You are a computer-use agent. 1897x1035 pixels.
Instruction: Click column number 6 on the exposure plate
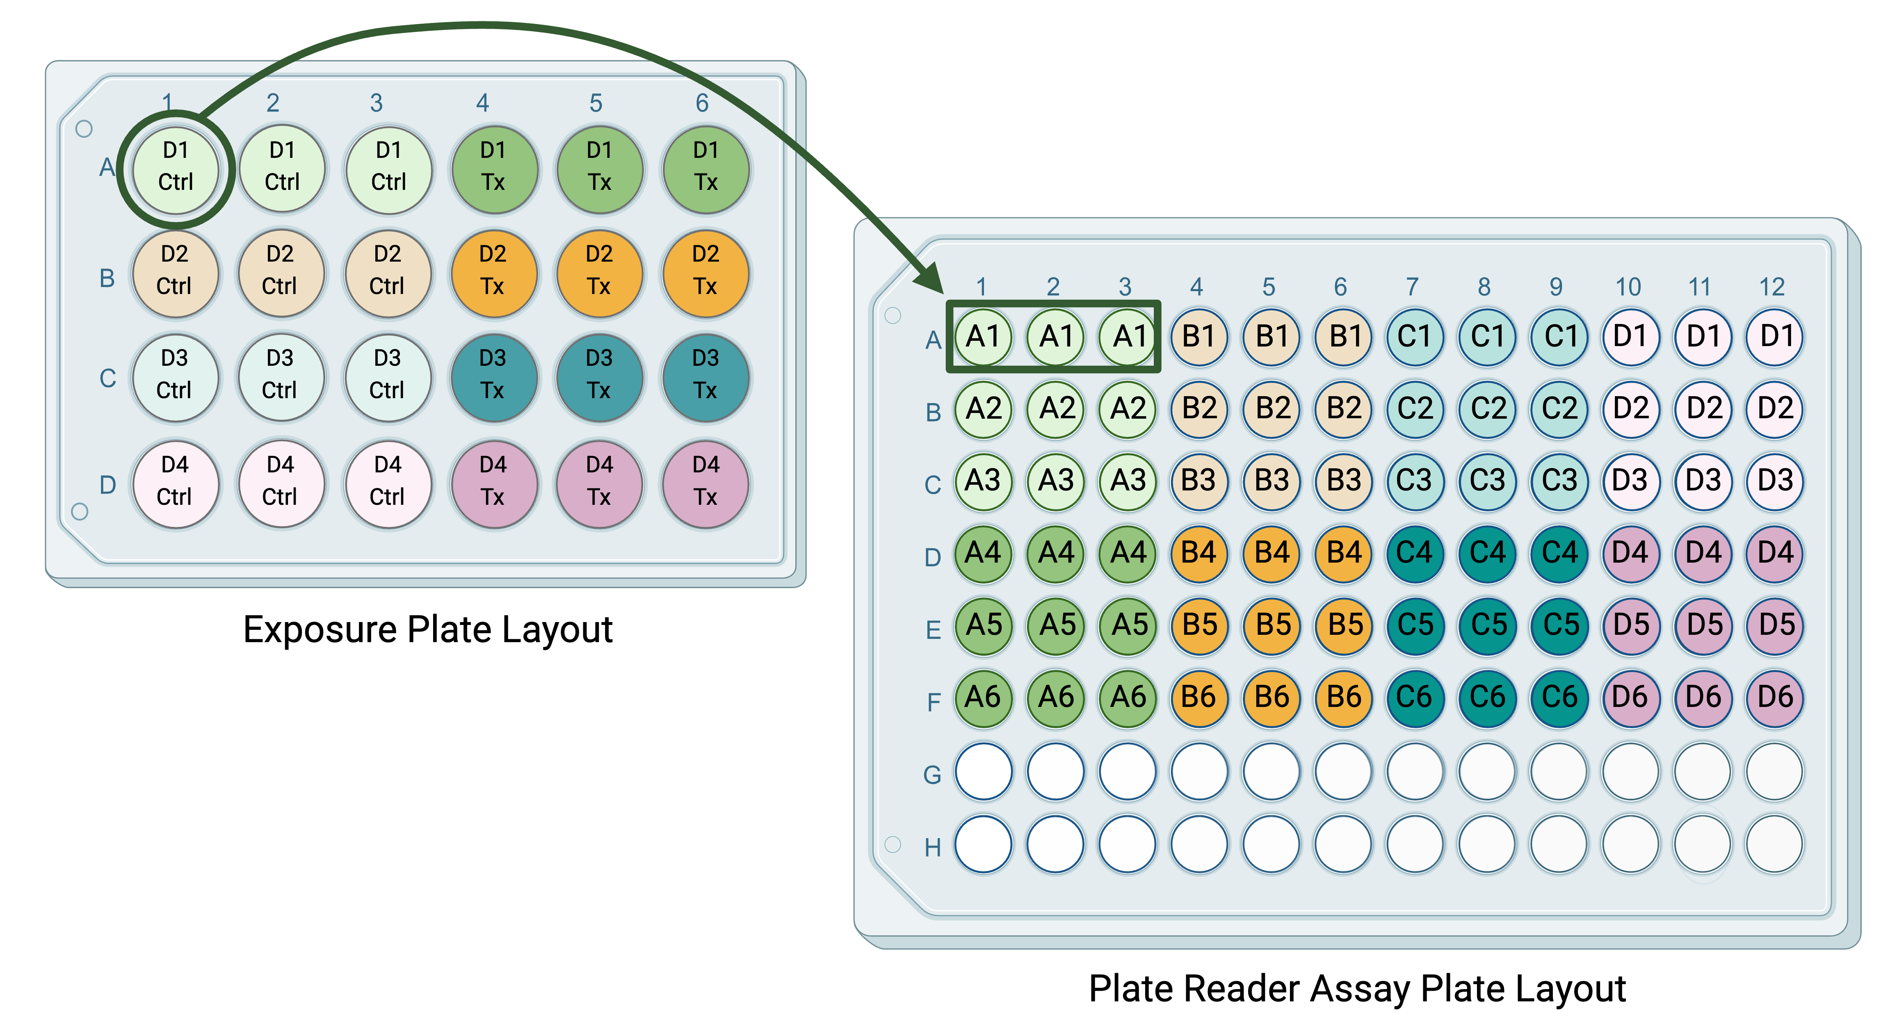click(702, 103)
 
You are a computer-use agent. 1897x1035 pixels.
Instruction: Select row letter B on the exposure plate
click(107, 278)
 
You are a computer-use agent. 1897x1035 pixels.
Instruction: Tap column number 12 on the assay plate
click(1772, 286)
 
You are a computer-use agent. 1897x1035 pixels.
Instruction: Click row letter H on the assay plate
click(933, 847)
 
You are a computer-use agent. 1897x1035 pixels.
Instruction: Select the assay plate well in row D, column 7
click(1415, 553)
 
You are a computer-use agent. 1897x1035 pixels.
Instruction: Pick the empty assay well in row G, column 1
click(983, 771)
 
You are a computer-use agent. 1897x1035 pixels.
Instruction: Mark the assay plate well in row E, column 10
click(1630, 625)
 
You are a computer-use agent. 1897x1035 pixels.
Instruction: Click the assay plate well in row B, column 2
click(1055, 408)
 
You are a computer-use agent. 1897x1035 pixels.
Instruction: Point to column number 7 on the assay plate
click(1412, 286)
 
